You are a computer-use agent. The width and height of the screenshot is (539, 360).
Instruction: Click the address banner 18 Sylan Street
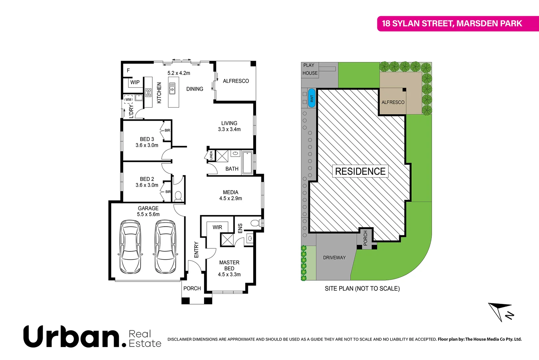(x=452, y=23)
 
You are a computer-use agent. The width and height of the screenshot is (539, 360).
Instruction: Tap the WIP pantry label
(x=135, y=82)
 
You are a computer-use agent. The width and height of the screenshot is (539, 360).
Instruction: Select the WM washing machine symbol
(x=128, y=99)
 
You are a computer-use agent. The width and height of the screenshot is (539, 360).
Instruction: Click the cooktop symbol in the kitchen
(x=148, y=92)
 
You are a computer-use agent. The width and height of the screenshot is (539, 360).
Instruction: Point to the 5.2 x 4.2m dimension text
(x=179, y=73)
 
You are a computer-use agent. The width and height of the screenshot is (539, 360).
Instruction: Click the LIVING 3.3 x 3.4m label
(x=229, y=126)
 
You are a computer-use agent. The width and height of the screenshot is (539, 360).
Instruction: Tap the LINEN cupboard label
(x=211, y=155)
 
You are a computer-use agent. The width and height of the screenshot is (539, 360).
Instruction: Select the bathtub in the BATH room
(x=247, y=163)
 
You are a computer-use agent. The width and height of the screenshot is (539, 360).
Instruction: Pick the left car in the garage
(x=130, y=247)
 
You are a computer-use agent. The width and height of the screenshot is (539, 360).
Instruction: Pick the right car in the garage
(x=166, y=247)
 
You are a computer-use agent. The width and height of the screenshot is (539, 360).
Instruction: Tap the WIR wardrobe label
(x=217, y=227)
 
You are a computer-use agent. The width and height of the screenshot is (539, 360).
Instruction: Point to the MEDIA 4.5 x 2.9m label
(x=231, y=195)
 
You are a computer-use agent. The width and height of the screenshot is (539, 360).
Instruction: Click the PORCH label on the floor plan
(x=192, y=288)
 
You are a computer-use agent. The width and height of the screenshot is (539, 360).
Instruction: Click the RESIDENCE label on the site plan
(x=360, y=171)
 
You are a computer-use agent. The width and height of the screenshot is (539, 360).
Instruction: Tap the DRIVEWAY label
(x=334, y=258)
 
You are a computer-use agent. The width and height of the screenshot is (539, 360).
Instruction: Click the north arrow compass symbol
(x=501, y=312)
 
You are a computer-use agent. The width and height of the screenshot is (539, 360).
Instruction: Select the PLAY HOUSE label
(x=310, y=69)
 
